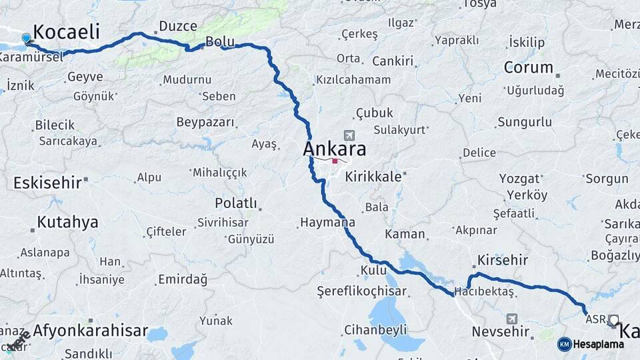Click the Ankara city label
click(x=335, y=148)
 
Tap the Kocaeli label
click(x=66, y=31)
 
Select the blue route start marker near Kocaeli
click(x=27, y=39)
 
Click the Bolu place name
click(x=220, y=41)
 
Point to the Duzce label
click(x=177, y=27)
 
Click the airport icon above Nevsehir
click(x=511, y=319)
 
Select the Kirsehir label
click(x=503, y=260)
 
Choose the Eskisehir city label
click(x=47, y=182)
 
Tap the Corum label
click(x=529, y=67)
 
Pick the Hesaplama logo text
click(x=598, y=344)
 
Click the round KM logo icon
click(x=564, y=344)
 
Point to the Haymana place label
click(x=327, y=222)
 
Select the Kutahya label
click(x=67, y=222)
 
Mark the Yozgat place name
click(x=519, y=179)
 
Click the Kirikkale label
click(x=373, y=177)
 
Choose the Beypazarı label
click(x=205, y=122)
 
